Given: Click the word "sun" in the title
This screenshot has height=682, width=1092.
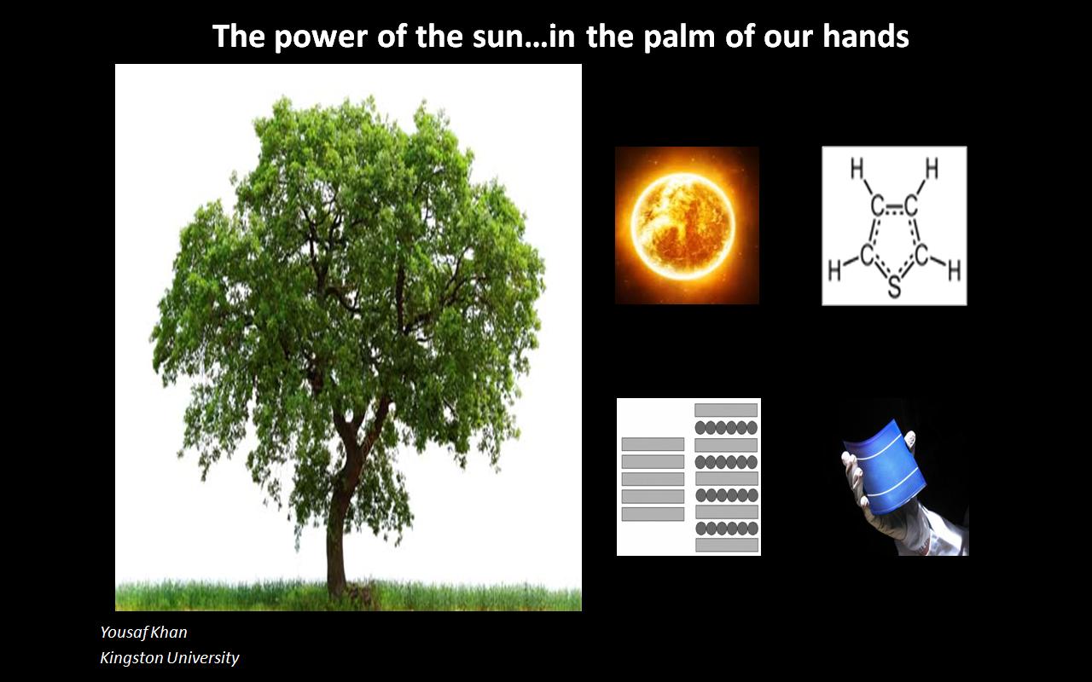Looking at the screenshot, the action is [x=496, y=37].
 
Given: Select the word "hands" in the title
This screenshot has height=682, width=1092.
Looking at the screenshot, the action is [x=866, y=36].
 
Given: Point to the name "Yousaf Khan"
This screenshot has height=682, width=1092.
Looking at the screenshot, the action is [x=143, y=632].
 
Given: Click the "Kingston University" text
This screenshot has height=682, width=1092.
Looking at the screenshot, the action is [x=170, y=657].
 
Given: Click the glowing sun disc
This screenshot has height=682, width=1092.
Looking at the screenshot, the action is [x=682, y=225].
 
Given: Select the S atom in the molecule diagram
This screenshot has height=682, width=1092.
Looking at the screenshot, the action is [x=894, y=286].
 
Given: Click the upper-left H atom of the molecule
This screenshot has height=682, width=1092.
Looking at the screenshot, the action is [x=857, y=169].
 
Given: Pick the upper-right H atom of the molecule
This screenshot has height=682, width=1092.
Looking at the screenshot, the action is [x=932, y=169].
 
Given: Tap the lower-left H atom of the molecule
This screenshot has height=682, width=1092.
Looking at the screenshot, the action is [x=834, y=271].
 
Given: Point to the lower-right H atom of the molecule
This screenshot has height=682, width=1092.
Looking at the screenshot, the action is [x=954, y=271].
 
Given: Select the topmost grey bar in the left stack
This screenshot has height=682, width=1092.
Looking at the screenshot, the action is [x=653, y=444].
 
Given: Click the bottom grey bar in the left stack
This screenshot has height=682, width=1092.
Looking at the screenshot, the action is [x=653, y=514].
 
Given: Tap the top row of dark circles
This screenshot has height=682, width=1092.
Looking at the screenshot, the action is [x=726, y=428].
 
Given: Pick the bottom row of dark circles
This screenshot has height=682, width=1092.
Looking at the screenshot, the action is [x=726, y=528].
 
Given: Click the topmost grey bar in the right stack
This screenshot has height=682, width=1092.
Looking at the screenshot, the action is [x=726, y=410].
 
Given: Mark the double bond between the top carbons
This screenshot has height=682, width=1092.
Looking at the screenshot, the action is [x=894, y=209].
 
